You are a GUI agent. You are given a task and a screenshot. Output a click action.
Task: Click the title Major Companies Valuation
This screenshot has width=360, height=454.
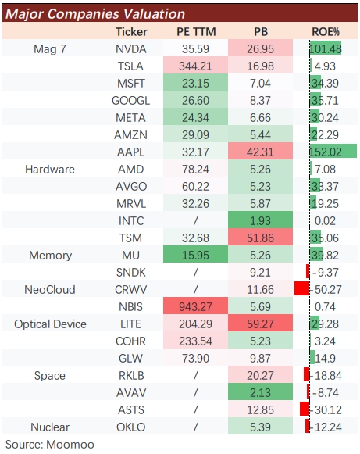(x=95, y=14)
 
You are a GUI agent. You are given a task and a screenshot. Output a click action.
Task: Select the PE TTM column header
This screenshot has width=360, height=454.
(x=196, y=32)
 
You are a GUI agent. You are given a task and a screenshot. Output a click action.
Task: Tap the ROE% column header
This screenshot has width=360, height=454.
(x=326, y=32)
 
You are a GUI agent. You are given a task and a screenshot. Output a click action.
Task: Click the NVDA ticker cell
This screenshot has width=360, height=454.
(x=131, y=49)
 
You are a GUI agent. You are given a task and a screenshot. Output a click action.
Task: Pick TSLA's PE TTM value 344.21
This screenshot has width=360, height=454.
(x=195, y=66)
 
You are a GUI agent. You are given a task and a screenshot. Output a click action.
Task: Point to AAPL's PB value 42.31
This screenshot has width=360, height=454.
(x=260, y=152)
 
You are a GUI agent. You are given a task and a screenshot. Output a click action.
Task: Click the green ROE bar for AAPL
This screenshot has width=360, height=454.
(x=333, y=151)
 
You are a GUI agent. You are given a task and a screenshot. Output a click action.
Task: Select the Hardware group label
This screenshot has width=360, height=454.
(x=50, y=170)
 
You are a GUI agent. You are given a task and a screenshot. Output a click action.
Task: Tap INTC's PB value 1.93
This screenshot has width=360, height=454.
(x=260, y=221)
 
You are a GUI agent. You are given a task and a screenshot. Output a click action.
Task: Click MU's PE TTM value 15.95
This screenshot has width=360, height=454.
(x=195, y=256)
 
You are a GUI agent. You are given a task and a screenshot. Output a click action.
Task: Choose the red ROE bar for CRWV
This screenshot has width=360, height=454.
(x=302, y=288)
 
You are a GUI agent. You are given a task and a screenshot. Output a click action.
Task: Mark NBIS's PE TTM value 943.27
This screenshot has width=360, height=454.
(x=195, y=307)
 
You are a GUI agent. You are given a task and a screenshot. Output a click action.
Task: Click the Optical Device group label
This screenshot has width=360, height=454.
(x=50, y=324)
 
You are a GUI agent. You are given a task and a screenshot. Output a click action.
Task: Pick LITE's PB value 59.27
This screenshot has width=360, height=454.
(x=260, y=324)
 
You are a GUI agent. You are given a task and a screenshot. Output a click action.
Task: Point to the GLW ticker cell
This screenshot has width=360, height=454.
(x=131, y=359)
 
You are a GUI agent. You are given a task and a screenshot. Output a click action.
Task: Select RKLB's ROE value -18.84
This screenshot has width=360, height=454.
(x=327, y=376)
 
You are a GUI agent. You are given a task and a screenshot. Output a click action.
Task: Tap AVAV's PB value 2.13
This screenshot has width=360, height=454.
(x=260, y=393)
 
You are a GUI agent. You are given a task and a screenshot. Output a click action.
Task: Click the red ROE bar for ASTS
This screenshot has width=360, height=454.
(x=305, y=409)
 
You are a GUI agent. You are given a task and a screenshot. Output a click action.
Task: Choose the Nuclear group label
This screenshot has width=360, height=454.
(x=50, y=427)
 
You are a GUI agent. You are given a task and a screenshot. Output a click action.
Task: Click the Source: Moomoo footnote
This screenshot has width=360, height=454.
(x=50, y=445)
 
